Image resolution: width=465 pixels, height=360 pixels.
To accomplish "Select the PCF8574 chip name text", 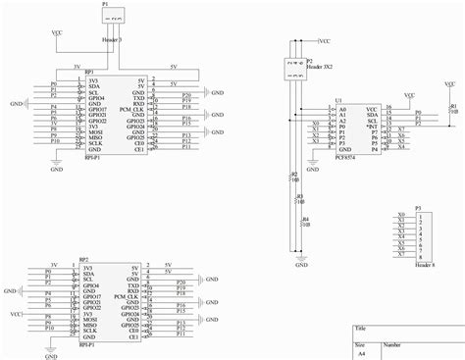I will coord(347,155).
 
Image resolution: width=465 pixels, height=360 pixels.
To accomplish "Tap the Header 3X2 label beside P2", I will coord(321,66).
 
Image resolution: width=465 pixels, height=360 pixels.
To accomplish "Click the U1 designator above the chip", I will coord(338,101).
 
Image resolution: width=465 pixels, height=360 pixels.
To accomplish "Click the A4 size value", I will coord(360,355).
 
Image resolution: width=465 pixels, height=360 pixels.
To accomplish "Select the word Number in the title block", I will coord(391,344).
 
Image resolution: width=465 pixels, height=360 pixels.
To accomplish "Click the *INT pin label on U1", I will coord(371,127).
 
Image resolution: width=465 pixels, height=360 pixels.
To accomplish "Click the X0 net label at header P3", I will coord(402,214).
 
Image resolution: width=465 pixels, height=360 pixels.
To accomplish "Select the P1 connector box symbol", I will coord(116,18).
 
